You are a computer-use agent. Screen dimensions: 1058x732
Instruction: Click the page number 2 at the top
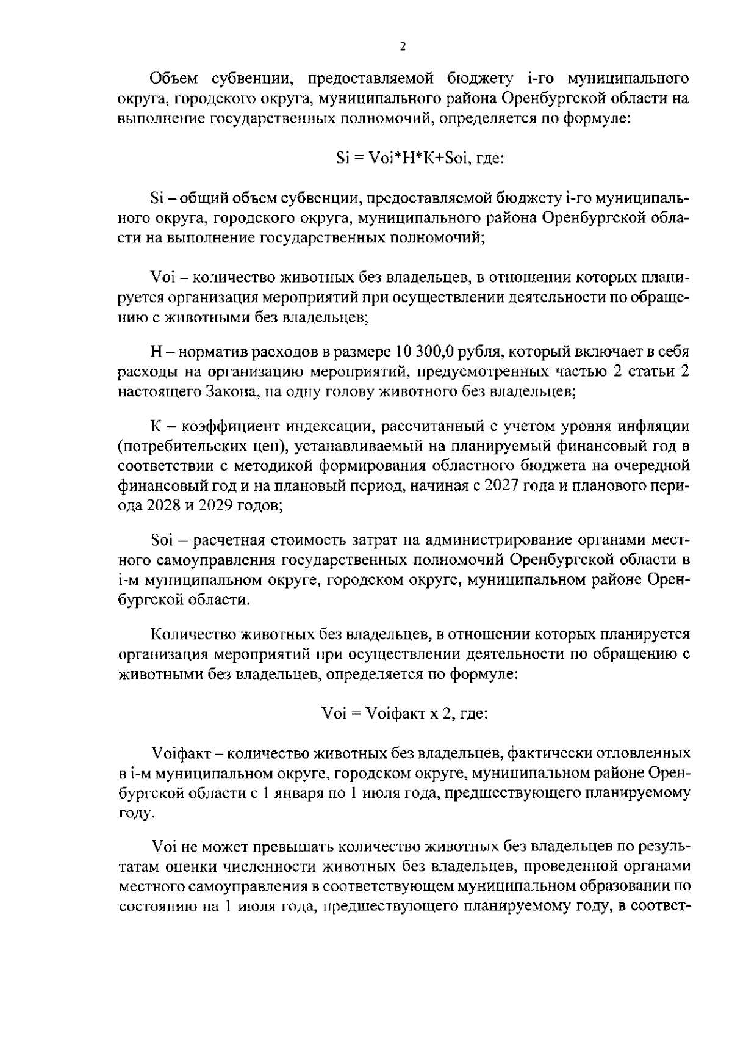(401, 47)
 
